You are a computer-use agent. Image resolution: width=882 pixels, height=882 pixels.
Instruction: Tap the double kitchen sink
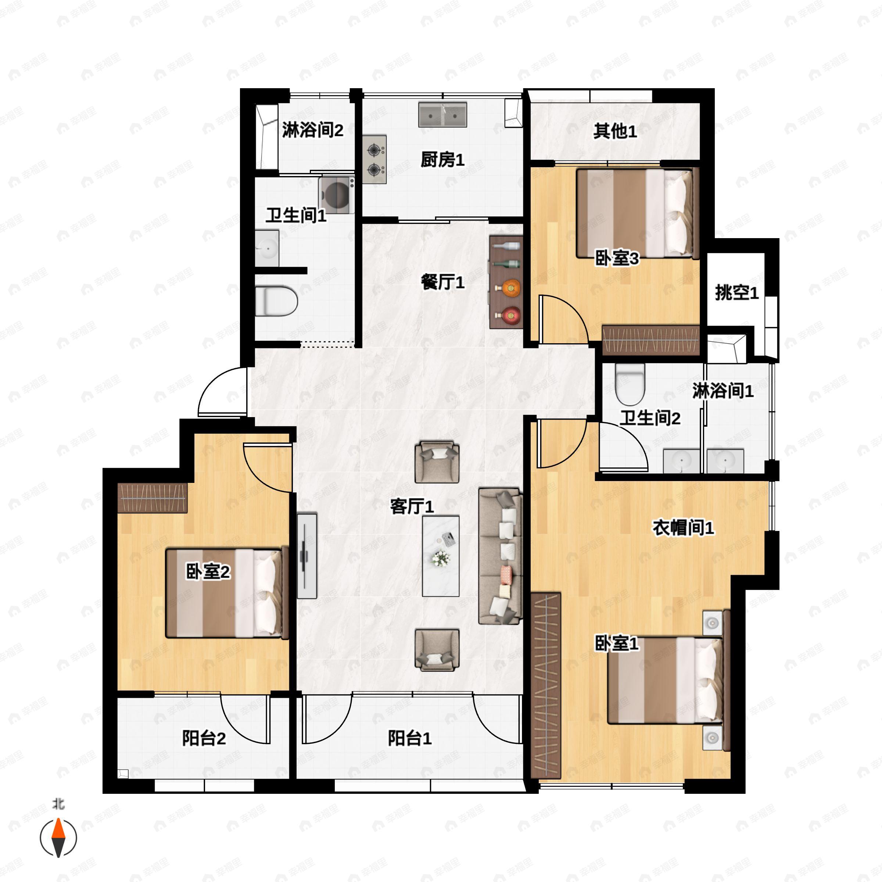point(443,115)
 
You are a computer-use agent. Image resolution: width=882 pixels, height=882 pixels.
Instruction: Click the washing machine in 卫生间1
point(337,195)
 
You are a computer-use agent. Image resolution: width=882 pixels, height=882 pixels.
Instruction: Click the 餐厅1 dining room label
point(442,282)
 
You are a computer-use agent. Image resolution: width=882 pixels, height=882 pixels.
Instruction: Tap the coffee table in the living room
point(441,556)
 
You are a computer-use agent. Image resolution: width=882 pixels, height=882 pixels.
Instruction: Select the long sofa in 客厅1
point(500,556)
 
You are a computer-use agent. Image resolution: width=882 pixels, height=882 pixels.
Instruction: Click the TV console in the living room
point(307,556)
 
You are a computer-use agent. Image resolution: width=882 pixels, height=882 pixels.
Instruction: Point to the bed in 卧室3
point(638,214)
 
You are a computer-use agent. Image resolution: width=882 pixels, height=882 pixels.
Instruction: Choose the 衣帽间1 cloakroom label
point(683,528)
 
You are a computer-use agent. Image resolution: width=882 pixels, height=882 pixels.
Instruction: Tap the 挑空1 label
point(737,293)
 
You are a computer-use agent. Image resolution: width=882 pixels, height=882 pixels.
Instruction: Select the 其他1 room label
point(615,132)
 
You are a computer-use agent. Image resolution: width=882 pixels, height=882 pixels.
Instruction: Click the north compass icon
point(58,837)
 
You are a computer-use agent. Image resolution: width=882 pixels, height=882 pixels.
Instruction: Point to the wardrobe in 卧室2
point(153,498)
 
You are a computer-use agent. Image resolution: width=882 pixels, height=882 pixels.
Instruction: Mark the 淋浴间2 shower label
point(312,130)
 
